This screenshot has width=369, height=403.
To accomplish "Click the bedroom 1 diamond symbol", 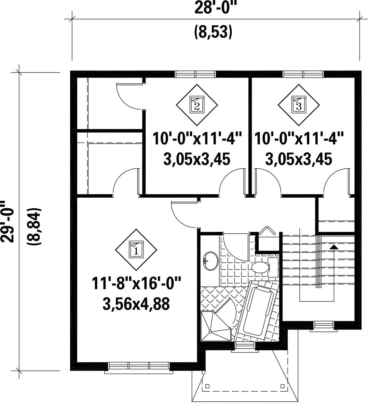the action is pyautogui.click(x=136, y=250).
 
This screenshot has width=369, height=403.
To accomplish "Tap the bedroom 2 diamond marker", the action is pyautogui.click(x=197, y=105).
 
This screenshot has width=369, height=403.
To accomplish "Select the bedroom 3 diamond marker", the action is pyautogui.click(x=299, y=105).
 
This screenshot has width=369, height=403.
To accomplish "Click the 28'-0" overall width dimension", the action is pyautogui.click(x=215, y=8).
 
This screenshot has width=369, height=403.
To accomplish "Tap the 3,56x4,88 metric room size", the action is pyautogui.click(x=136, y=304).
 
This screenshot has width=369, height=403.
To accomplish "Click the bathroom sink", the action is pyautogui.click(x=210, y=261).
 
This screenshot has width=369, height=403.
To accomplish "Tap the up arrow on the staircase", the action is pyautogui.click(x=333, y=246).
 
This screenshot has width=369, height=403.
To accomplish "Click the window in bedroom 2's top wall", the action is pyautogui.click(x=195, y=74).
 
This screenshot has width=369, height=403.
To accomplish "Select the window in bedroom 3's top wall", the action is pyautogui.click(x=303, y=74).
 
